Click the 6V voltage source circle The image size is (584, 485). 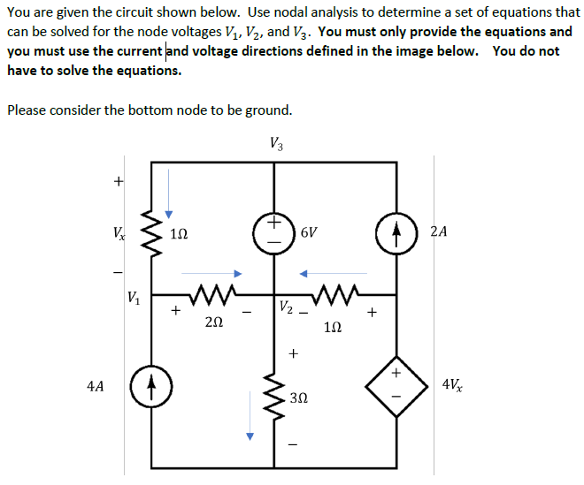274,231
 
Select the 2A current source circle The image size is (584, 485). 395,233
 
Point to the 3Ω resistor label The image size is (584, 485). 299,399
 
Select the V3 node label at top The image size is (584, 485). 276,142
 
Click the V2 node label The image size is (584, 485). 285,307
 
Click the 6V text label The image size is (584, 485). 309,233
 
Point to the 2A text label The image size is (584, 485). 438,232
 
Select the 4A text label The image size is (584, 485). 96,386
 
